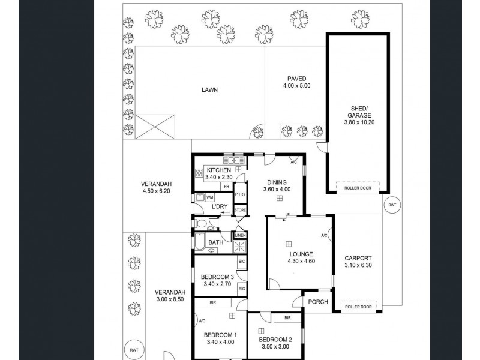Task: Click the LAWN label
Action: [x=209, y=91]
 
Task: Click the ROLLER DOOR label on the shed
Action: [x=358, y=188]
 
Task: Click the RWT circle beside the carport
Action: [x=392, y=205]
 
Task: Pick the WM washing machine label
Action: [x=210, y=197]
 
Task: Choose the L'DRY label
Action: [x=220, y=207]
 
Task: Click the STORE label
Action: [x=240, y=210]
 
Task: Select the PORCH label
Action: [x=318, y=302]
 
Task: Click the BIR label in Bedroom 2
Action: [x=287, y=317]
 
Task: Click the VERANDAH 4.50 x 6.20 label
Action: [x=157, y=187]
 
